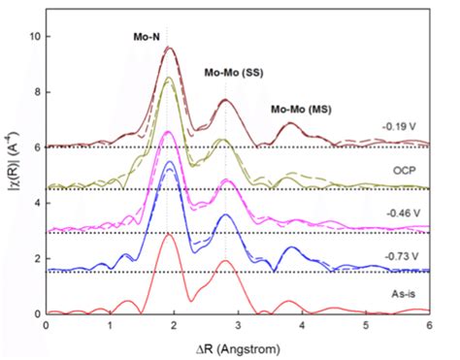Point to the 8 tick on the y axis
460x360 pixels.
click(36, 91)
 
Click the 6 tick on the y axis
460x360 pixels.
click(36, 147)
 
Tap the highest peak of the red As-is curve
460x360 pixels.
click(169, 234)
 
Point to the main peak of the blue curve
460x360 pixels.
click(170, 161)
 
